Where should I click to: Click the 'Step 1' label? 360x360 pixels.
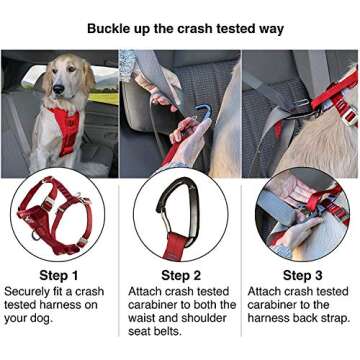(x=57, y=275)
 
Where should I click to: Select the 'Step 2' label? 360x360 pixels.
(x=180, y=275)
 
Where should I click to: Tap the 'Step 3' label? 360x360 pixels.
(x=302, y=275)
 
